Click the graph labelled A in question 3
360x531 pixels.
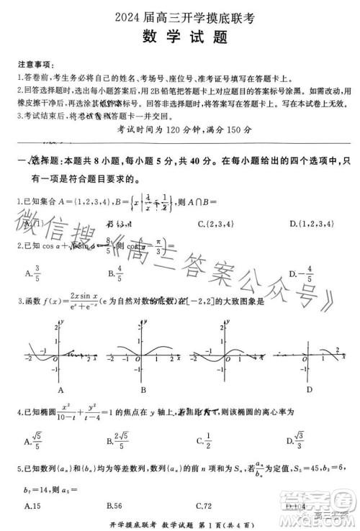[52, 356]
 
